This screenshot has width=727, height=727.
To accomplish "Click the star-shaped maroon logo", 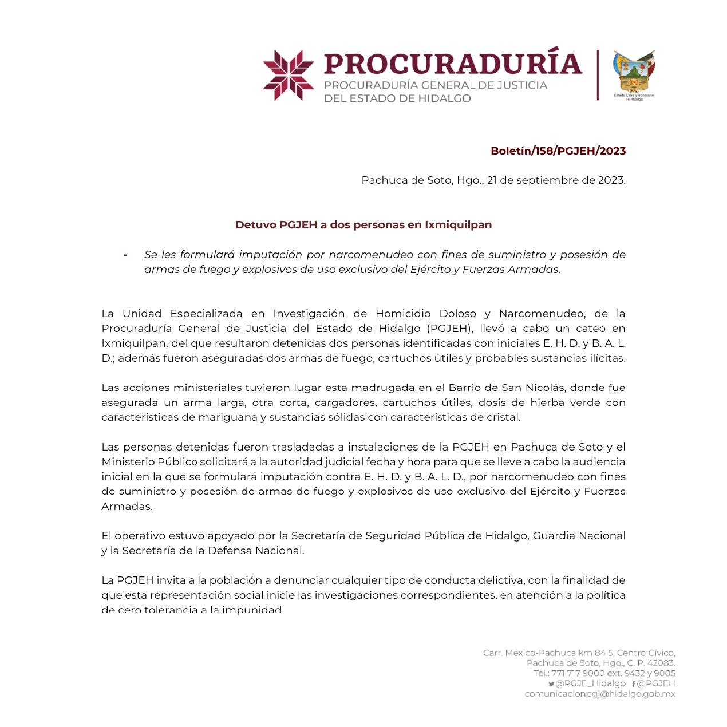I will click(289, 75).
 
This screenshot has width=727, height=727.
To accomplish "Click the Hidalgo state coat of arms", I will click(634, 72).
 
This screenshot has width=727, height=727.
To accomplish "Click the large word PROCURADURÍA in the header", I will click(452, 64).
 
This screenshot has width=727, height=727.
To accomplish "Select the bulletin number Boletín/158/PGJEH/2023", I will click(558, 151).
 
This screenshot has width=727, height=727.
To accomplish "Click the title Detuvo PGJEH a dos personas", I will click(363, 225).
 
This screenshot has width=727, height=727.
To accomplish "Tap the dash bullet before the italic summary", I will click(125, 255).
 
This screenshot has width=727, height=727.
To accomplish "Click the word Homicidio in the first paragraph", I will click(403, 314).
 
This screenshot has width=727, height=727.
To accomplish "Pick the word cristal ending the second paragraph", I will click(503, 417).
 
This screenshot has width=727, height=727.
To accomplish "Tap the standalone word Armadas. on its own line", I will click(127, 507).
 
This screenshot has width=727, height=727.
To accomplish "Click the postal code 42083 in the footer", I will click(661, 663).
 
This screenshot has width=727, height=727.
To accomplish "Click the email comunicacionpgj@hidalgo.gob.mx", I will click(600, 694).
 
